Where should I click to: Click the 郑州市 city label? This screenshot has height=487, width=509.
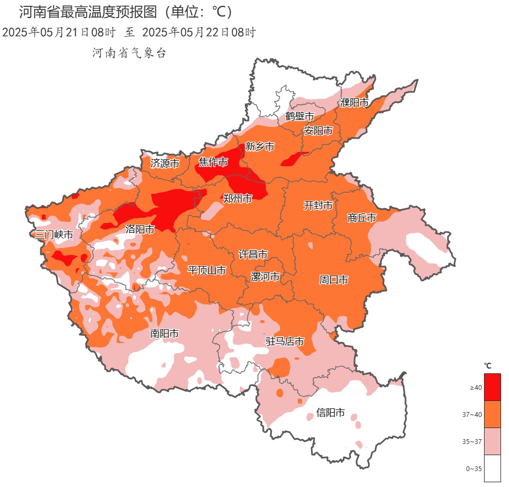237,199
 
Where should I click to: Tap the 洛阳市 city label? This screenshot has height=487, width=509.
140,229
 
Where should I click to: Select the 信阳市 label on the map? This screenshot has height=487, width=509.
330,412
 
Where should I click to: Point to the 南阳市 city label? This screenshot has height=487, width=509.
164,334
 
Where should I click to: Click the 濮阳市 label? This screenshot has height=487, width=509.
354,102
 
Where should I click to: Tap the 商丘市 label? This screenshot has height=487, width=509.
362,218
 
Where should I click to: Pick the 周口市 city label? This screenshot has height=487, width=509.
333,279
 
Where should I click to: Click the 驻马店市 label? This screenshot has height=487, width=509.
285,341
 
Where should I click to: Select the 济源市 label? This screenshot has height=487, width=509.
165,163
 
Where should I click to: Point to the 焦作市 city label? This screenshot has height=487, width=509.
213,162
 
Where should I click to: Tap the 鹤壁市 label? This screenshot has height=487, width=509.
299,116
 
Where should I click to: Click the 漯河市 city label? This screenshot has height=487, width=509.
265,277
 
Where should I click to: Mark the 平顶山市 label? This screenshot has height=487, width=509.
207,270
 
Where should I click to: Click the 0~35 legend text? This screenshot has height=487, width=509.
474,468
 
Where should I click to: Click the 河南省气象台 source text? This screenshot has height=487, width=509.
130,53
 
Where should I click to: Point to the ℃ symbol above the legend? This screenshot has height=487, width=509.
488,365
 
